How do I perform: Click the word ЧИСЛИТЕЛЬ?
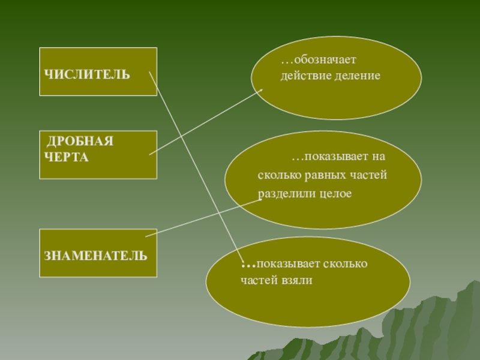pos(87,74)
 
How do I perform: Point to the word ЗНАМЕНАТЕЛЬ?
pos(95,256)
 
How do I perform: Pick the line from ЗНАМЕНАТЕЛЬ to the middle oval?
pos(204,218)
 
